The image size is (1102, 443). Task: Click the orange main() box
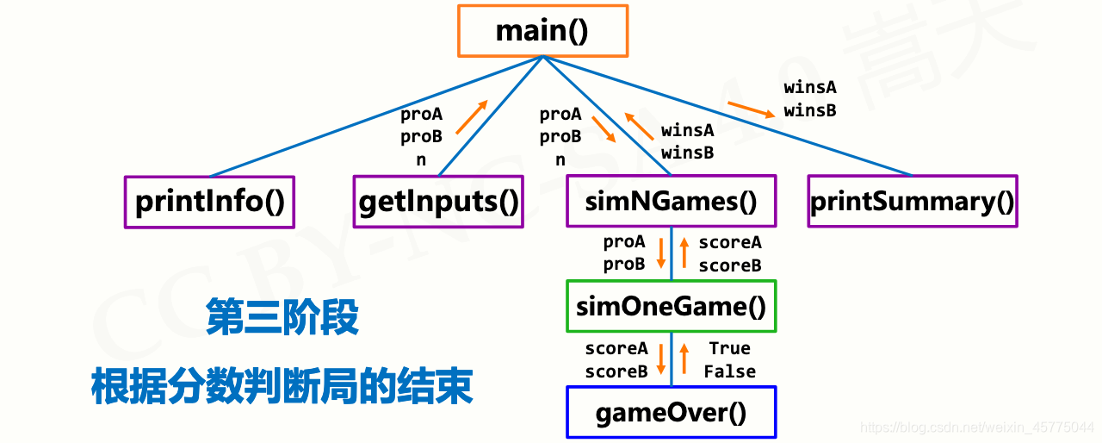pos(542,31)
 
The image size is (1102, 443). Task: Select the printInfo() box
pos(209,202)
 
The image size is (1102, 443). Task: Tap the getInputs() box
pos(438,202)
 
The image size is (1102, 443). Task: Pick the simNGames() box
pos(671,202)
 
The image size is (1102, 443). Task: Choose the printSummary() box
pos(913,202)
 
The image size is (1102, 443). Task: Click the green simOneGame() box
pos(671,306)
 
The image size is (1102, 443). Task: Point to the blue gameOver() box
pos(671,413)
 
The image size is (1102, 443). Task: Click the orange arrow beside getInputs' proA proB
pos(472,117)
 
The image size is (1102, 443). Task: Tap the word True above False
pos(729,348)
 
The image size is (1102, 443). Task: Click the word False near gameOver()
pos(729,371)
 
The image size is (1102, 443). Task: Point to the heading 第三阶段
pos(282,317)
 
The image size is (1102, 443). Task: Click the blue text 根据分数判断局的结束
pos(282,387)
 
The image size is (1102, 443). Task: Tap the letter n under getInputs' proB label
pos(421,159)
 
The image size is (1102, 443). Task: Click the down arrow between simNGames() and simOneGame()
pos(660,253)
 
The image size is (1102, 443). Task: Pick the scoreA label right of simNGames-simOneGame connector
pos(730,243)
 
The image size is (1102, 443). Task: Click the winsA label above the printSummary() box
pos(809,88)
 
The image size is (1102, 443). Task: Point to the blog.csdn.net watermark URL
pos(978,427)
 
